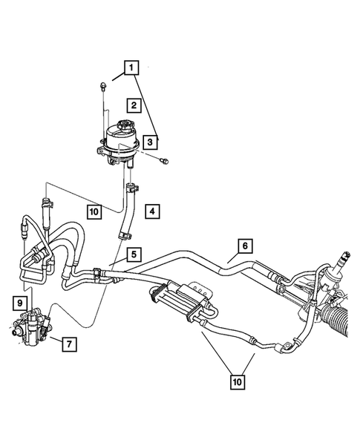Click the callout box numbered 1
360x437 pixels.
click(132, 70)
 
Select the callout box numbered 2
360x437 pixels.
click(134, 105)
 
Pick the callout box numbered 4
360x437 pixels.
click(151, 211)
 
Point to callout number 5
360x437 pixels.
click(133, 253)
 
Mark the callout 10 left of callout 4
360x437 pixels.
click(93, 211)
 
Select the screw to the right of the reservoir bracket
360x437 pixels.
click(164, 158)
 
